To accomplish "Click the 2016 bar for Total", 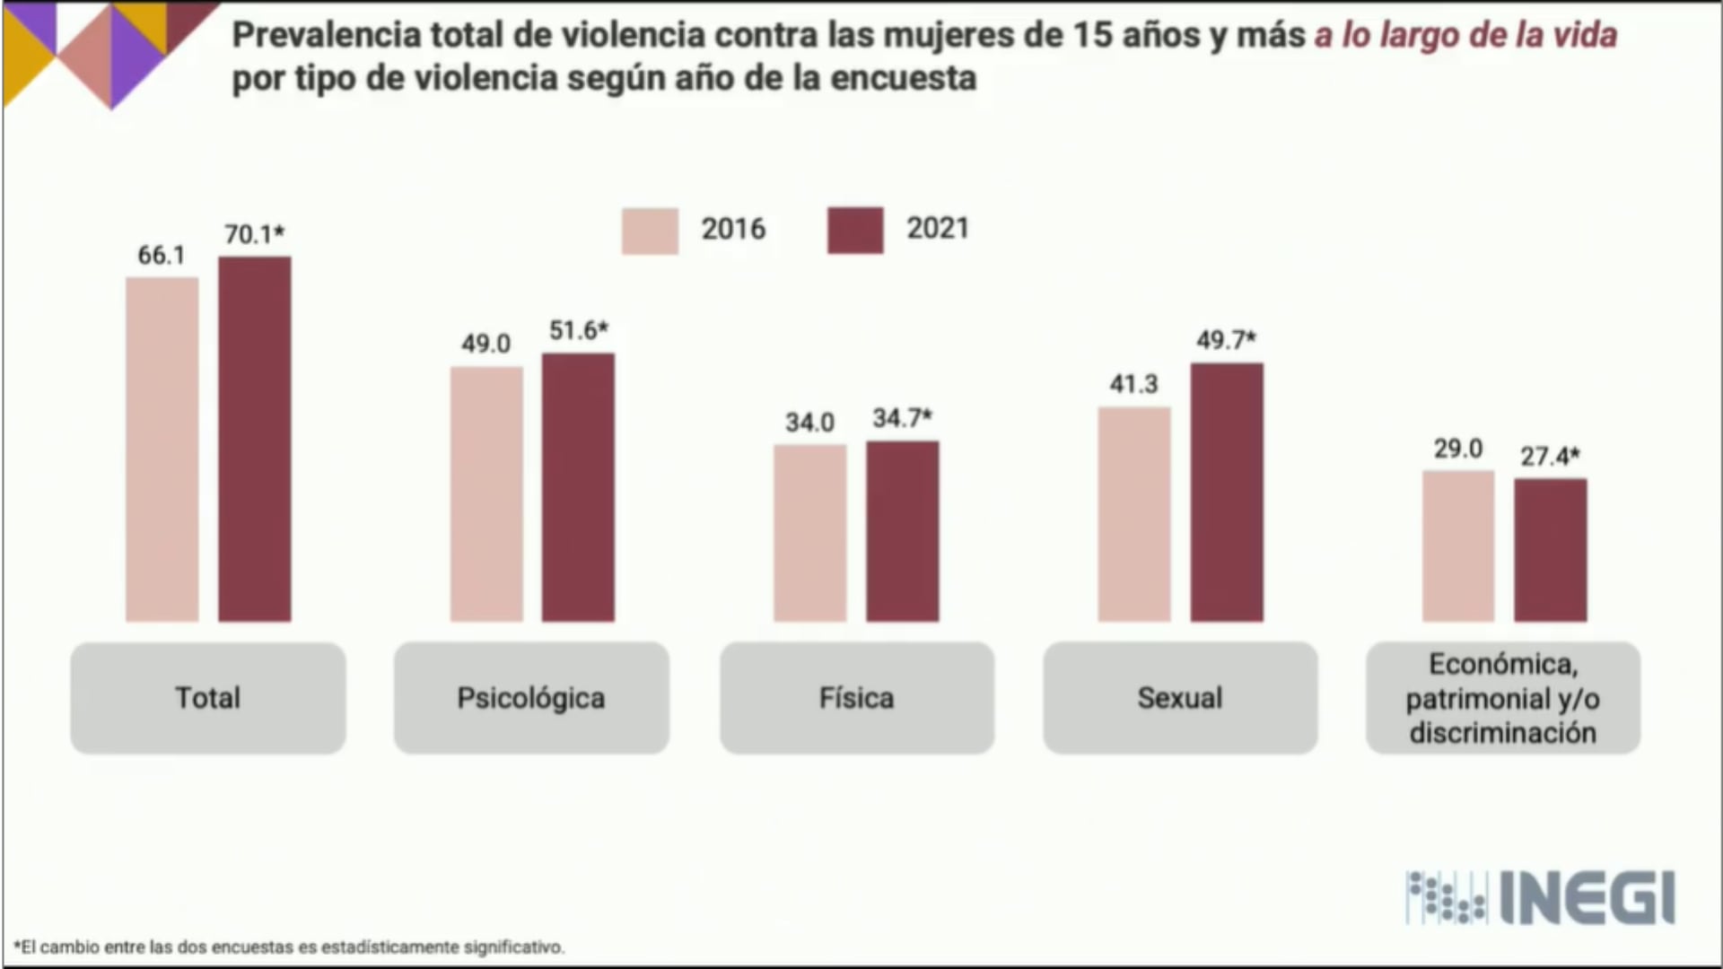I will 162,449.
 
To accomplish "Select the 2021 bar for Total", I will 255,439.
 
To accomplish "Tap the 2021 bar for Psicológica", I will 578,487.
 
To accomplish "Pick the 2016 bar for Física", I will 810,533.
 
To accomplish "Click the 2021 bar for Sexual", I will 1227,492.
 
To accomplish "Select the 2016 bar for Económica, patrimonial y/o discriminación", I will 1458,546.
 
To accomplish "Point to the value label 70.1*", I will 254,234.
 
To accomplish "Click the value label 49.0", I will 485,344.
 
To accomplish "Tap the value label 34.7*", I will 902,418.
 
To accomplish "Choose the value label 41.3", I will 1134,384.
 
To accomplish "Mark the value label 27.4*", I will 1550,457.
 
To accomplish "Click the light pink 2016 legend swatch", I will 650,231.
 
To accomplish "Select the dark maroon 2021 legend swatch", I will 855,231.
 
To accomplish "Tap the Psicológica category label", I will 531,698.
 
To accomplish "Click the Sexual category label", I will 1180,698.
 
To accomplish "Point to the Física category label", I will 857,698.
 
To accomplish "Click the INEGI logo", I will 1540,897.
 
